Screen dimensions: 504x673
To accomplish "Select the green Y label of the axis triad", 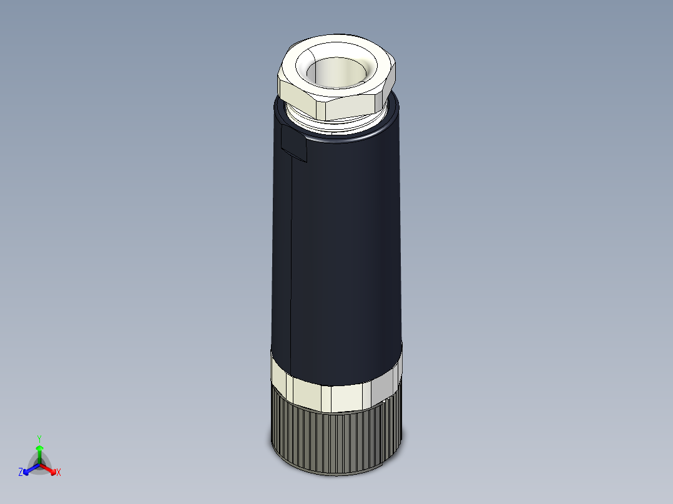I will [x=39, y=439].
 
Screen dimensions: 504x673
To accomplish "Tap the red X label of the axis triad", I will [x=59, y=472].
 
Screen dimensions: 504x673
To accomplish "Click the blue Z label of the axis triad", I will [x=21, y=472].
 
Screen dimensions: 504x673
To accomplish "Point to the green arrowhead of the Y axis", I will [x=39, y=448].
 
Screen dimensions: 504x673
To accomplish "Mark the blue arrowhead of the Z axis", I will [x=27, y=470].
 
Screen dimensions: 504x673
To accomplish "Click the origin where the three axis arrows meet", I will [x=39, y=464].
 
